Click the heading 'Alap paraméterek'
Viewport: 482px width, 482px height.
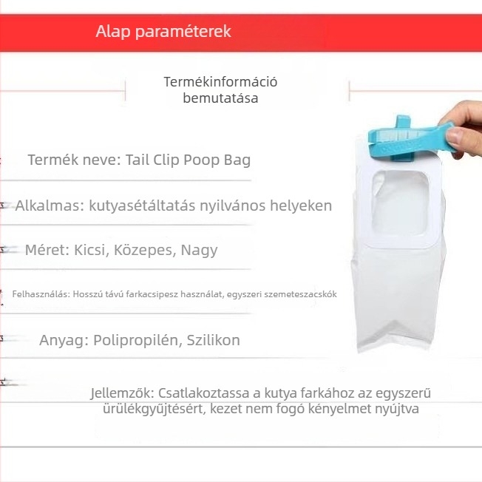(163, 32)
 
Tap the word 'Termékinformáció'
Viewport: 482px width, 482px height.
(220, 82)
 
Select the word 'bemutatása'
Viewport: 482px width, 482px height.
(220, 98)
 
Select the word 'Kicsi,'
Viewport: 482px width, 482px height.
(92, 250)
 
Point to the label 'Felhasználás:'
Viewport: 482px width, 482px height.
(40, 294)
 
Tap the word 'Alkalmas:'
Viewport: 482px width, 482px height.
(49, 206)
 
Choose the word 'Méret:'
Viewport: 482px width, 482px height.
(47, 250)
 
